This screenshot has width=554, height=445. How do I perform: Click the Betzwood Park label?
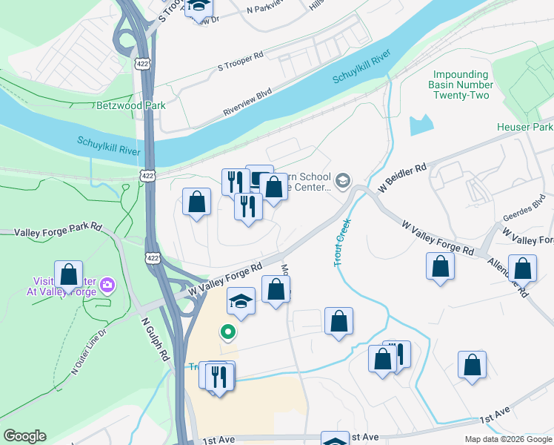coord(131,105)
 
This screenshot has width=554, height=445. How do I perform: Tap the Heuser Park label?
coord(524,127)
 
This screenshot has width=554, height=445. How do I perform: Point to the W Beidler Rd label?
coord(402,179)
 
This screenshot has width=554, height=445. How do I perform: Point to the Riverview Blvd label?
coord(247,103)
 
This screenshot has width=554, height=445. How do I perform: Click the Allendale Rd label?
coord(517,278)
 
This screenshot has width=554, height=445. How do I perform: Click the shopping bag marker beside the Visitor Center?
coord(69,274)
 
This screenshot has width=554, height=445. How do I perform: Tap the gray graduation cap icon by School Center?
coord(343,180)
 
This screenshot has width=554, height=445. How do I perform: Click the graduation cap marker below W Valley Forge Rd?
coord(241,301)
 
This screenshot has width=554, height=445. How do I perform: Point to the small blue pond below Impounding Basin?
coord(421,125)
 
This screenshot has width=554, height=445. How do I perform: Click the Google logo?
coord(24,436)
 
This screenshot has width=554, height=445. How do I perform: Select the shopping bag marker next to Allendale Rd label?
coord(522,269)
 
